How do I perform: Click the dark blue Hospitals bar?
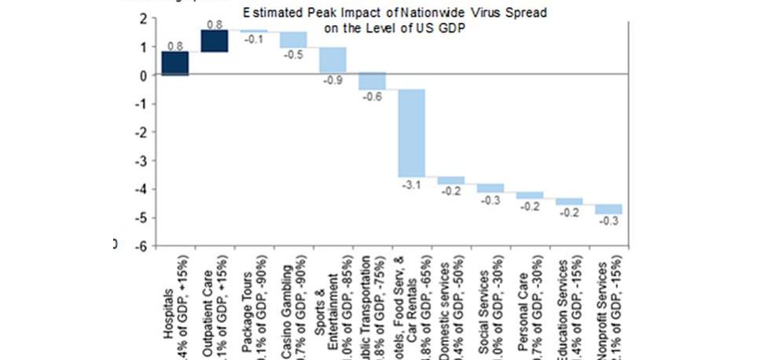pyautogui.click(x=175, y=63)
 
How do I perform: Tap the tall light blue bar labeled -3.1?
pyautogui.click(x=413, y=133)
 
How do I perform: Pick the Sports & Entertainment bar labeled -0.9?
pyautogui.click(x=333, y=60)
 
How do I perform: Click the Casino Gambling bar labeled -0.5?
pyautogui.click(x=293, y=39)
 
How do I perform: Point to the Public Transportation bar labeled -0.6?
pyautogui.click(x=373, y=81)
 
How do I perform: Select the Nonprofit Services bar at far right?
pyautogui.click(x=608, y=208)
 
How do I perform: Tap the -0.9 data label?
pyautogui.click(x=333, y=79)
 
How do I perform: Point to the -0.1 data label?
pyautogui.click(x=254, y=39)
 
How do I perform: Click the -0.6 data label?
pyautogui.click(x=373, y=97)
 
